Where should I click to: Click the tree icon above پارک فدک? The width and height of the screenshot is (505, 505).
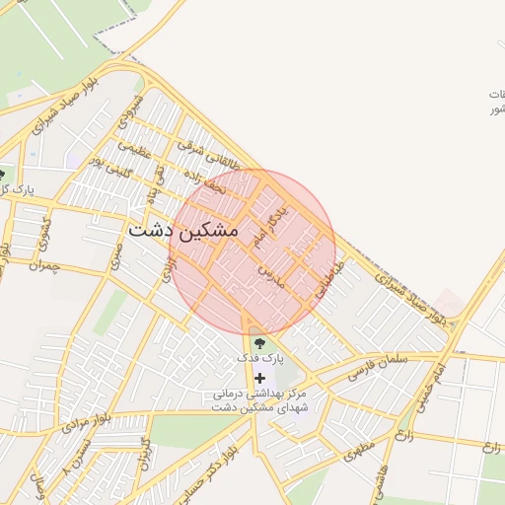(258, 343)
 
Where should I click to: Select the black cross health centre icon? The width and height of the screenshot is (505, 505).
(260, 378)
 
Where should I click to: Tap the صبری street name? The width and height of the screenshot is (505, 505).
(115, 258)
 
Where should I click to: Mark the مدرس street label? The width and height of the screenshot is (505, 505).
(271, 276)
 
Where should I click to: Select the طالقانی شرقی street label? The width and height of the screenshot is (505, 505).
(208, 157)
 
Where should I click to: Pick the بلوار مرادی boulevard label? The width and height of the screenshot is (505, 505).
(81, 426)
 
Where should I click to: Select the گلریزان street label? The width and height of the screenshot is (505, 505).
(144, 454)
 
